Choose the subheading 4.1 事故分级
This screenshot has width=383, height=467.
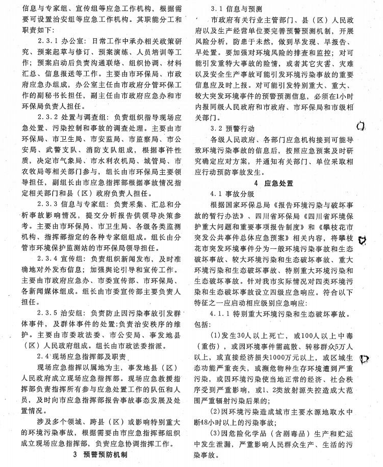pos(232,194)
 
